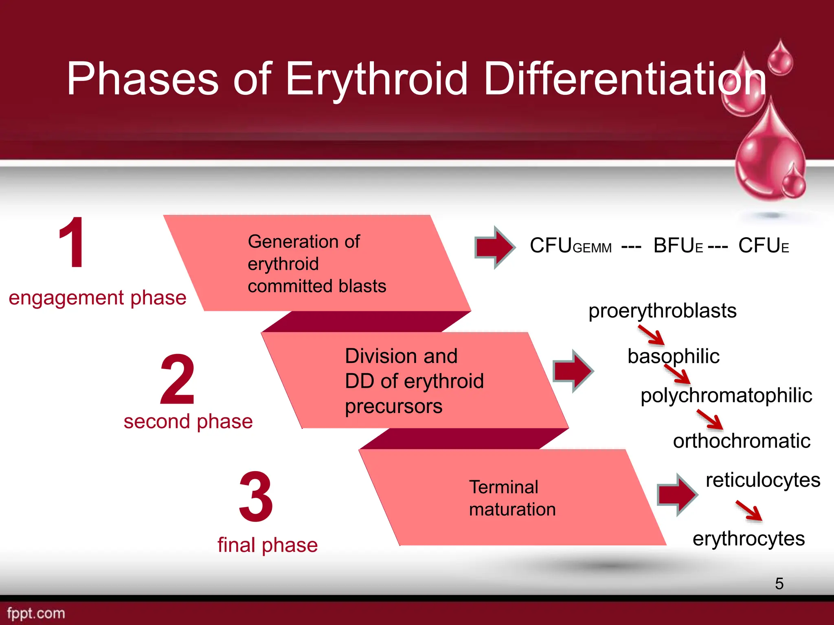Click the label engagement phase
(x=97, y=298)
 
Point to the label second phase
(x=188, y=422)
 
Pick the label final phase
(x=268, y=545)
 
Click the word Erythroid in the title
(x=377, y=79)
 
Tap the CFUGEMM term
(x=571, y=246)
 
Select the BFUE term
(x=678, y=246)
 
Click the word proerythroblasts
(x=663, y=311)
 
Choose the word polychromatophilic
(x=726, y=396)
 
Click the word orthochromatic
(x=742, y=441)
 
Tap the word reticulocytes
(x=763, y=480)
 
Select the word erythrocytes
(x=748, y=539)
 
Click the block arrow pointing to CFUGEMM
(x=494, y=247)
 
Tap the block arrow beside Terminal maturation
(x=677, y=495)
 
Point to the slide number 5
(x=779, y=583)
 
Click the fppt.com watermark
(x=36, y=613)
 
